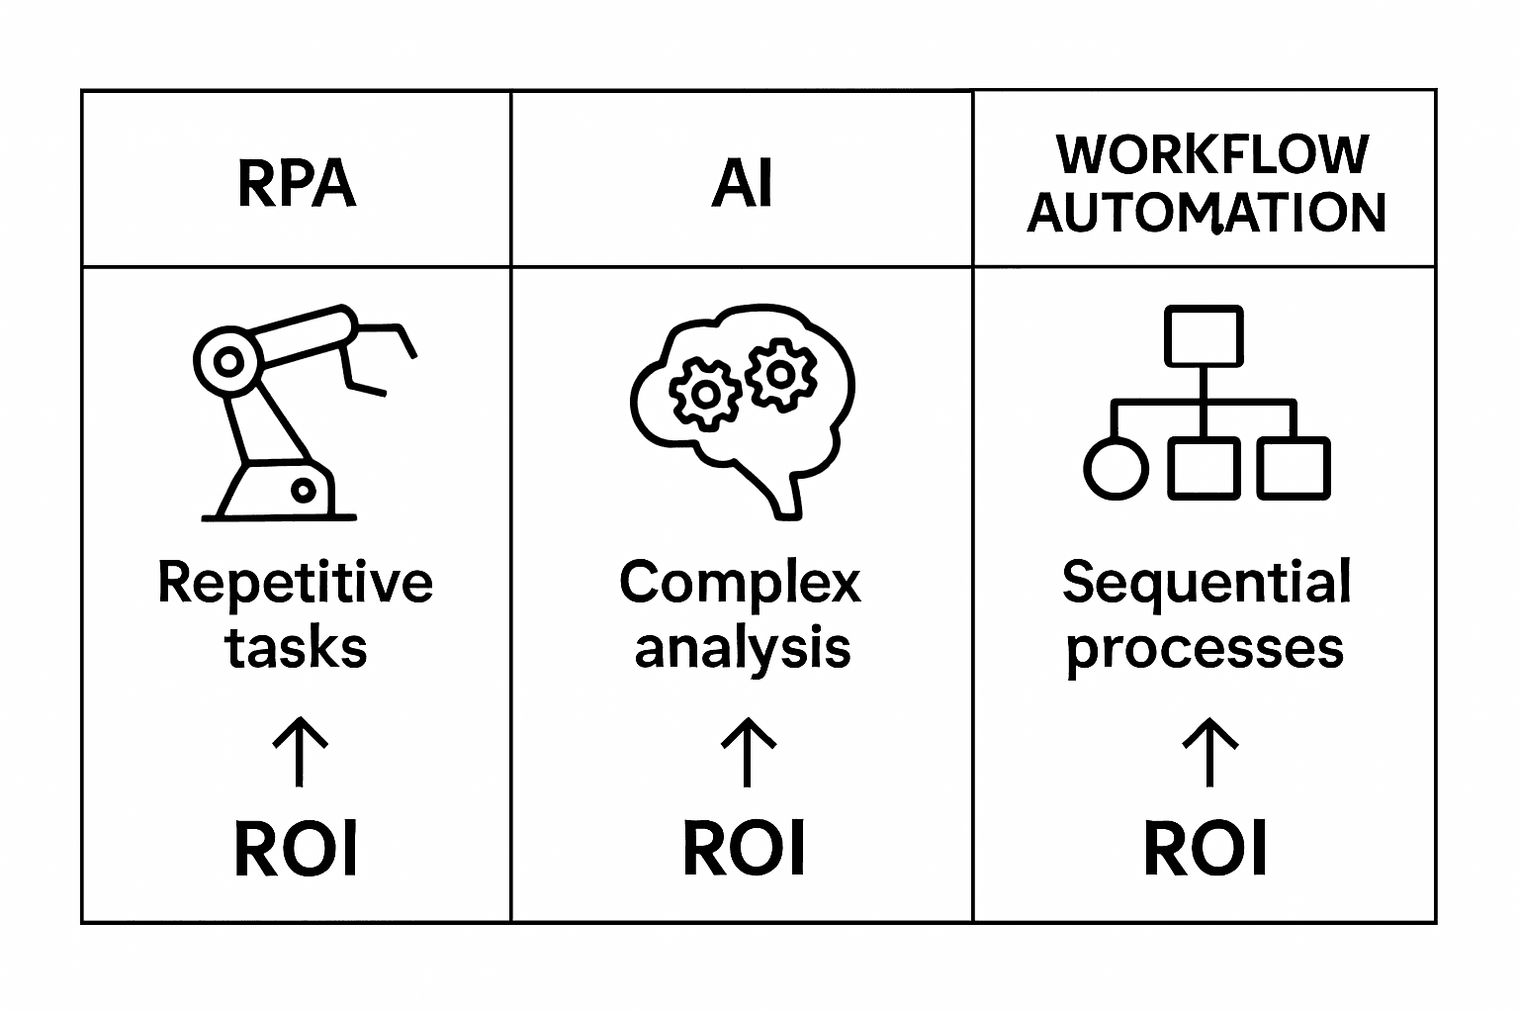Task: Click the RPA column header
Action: click(296, 184)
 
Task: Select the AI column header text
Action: click(742, 184)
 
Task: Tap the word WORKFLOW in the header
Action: click(1212, 154)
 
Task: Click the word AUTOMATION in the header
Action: click(1206, 213)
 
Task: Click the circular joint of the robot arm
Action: click(228, 361)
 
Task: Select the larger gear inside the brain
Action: click(705, 394)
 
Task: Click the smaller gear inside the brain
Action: click(781, 373)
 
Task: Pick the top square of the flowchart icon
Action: click(1204, 336)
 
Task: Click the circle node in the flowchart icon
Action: click(1117, 468)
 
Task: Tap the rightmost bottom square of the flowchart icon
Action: click(1294, 468)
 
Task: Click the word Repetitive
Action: click(295, 584)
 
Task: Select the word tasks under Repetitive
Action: click(296, 649)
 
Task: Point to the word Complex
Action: click(740, 584)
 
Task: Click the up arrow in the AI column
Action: click(748, 752)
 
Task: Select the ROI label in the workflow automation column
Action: click(1205, 849)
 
